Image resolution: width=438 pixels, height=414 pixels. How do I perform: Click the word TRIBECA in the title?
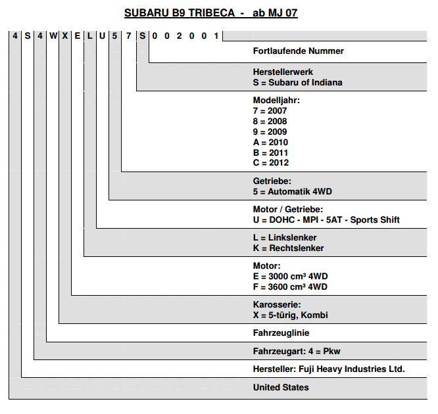pyautogui.click(x=212, y=13)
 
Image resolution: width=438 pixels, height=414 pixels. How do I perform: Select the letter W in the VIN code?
pyautogui.click(x=53, y=35)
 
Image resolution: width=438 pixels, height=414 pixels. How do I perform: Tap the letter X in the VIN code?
pyautogui.click(x=65, y=35)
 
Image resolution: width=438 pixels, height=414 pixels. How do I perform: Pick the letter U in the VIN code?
pyautogui.click(x=102, y=35)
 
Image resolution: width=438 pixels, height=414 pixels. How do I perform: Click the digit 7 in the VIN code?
pyautogui.click(x=128, y=35)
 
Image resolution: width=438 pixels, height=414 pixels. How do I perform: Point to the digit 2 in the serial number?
pyautogui.click(x=179, y=35)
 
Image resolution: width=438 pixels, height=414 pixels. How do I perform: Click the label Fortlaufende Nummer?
pyautogui.click(x=299, y=51)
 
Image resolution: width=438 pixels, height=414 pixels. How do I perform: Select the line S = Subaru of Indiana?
pyautogui.click(x=297, y=82)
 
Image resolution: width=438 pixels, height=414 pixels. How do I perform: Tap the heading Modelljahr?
pyautogui.click(x=276, y=100)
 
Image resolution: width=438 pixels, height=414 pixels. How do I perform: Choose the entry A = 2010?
pyautogui.click(x=270, y=143)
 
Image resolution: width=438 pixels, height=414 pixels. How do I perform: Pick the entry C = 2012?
pyautogui.click(x=271, y=162)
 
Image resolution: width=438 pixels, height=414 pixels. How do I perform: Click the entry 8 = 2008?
pyautogui.click(x=270, y=121)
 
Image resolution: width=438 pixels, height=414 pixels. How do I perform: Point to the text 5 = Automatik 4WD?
pyautogui.click(x=293, y=191)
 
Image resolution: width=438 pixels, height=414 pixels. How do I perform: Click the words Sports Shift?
pyautogui.click(x=375, y=219)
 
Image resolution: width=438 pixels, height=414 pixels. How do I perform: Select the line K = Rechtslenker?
pyautogui.click(x=288, y=248)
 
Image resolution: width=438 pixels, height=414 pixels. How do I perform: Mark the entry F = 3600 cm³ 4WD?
pyautogui.click(x=290, y=287)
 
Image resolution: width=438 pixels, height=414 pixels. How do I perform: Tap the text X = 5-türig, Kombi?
pyautogui.click(x=290, y=315)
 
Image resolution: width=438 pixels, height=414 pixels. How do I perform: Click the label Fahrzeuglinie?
pyautogui.click(x=281, y=333)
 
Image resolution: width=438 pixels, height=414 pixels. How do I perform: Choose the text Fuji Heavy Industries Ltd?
pyautogui.click(x=352, y=369)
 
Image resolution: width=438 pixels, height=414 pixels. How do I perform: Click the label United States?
pyautogui.click(x=281, y=387)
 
